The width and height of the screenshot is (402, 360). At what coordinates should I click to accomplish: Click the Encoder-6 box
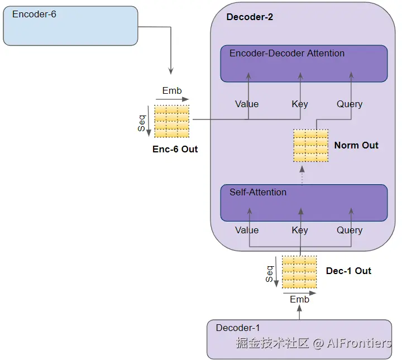(x=70, y=26)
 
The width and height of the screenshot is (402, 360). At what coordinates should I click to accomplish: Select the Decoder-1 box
(x=299, y=339)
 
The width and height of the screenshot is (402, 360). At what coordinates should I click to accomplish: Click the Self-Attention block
(x=304, y=203)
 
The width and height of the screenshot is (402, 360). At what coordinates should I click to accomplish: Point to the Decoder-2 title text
(x=250, y=17)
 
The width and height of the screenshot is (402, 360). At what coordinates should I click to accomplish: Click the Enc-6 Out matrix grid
(x=172, y=121)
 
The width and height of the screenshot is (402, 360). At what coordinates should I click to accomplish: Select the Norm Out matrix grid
(x=311, y=146)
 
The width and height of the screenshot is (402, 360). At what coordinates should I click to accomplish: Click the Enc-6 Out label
(x=175, y=150)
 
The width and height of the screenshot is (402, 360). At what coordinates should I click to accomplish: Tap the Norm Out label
(x=356, y=146)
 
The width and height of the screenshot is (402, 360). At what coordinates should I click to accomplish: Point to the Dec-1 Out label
(x=348, y=271)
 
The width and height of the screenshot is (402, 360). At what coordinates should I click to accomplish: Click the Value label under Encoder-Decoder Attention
(x=247, y=104)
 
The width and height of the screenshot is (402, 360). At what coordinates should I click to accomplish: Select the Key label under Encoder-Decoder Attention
(x=300, y=104)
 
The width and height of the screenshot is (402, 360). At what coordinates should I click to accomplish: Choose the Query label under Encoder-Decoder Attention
(x=350, y=104)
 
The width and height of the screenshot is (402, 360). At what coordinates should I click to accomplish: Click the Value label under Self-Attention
(x=247, y=230)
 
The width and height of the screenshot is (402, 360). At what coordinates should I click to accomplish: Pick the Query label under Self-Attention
(x=350, y=230)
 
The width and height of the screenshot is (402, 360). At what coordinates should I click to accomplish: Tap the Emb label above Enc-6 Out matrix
(x=172, y=91)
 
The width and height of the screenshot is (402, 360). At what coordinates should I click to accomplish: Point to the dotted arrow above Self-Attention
(x=302, y=175)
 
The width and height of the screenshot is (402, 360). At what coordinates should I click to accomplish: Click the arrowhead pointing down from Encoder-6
(x=171, y=71)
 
